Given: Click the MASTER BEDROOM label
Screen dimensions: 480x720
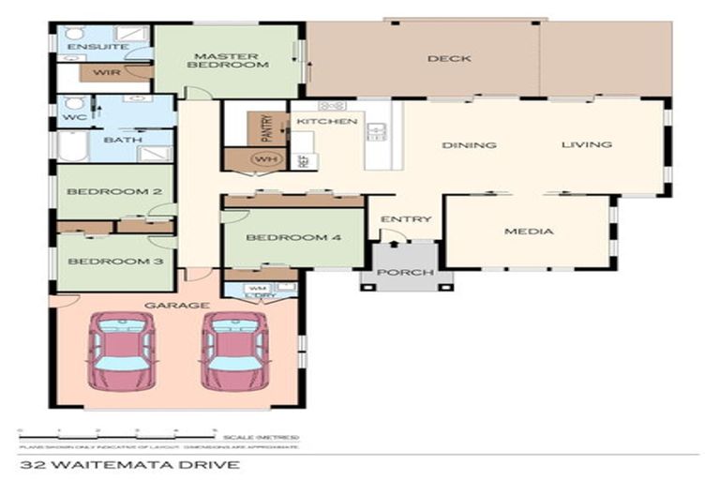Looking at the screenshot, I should (x=228, y=58).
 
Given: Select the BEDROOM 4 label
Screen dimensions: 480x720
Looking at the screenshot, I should (x=292, y=237).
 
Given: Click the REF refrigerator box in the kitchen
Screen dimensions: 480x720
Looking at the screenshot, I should (x=303, y=160).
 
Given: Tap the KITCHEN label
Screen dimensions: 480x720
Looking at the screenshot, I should (x=326, y=122).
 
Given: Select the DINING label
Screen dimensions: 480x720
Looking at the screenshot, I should (x=469, y=145).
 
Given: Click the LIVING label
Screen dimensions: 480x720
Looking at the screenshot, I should (x=586, y=144).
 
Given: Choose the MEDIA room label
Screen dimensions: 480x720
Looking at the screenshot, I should (x=529, y=231).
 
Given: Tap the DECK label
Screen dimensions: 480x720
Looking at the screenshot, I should (x=449, y=59).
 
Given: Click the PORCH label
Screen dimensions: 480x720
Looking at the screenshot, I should (x=405, y=273).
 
